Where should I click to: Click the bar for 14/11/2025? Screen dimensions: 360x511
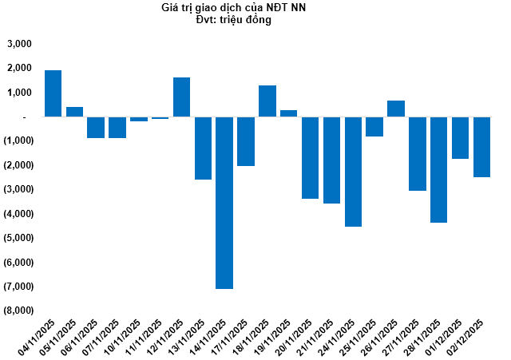[224, 203]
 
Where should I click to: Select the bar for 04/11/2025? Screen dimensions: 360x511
[53, 93]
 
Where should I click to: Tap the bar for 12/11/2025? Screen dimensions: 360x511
[181, 97]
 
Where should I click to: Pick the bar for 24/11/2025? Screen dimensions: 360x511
[353, 172]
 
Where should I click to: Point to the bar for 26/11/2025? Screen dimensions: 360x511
[396, 109]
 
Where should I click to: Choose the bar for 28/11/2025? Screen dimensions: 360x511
[438, 169]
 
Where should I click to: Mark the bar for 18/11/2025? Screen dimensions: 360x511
[267, 101]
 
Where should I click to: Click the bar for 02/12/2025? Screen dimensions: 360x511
[481, 147]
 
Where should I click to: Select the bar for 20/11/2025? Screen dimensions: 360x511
[310, 157]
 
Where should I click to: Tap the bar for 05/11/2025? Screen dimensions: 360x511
[74, 112]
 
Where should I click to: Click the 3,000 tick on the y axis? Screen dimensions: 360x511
[18, 45]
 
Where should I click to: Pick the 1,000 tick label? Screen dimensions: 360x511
[18, 93]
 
